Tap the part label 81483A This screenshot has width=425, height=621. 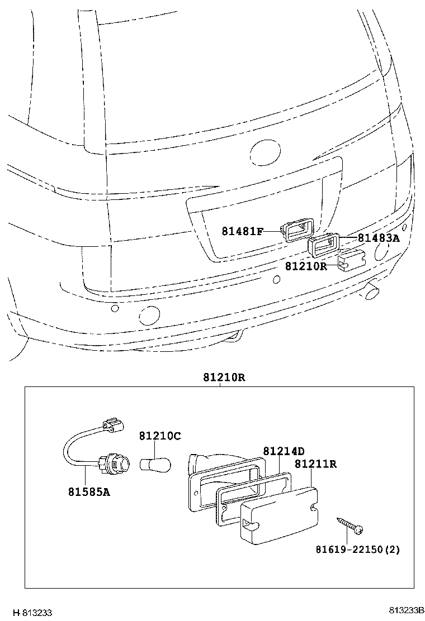[379, 238]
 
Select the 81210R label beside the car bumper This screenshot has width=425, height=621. [305, 266]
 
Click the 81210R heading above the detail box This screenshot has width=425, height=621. [224, 378]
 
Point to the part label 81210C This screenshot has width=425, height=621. [160, 436]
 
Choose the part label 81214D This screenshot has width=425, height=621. [284, 451]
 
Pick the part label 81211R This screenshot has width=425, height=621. [315, 464]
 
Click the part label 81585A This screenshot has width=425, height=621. [88, 492]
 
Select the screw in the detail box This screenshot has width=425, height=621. [351, 524]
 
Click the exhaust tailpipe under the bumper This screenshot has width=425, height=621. [371, 291]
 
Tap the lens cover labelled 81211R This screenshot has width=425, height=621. [278, 513]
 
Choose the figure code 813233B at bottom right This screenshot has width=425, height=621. [408, 610]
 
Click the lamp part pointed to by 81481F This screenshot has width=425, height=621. [296, 230]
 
